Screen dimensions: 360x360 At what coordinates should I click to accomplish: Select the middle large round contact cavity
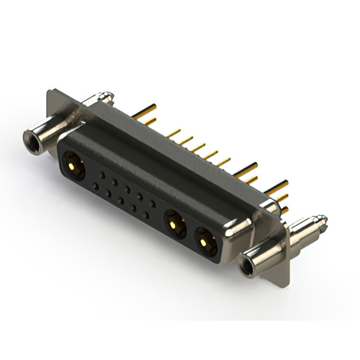click(175, 224)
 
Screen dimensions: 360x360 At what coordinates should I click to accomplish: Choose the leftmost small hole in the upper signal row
click(102, 175)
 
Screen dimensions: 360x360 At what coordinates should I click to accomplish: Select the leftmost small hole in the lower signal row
click(95, 186)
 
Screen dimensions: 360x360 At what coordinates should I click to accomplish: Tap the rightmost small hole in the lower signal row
click(146, 215)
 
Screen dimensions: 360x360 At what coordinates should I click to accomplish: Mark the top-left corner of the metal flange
click(49, 90)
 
